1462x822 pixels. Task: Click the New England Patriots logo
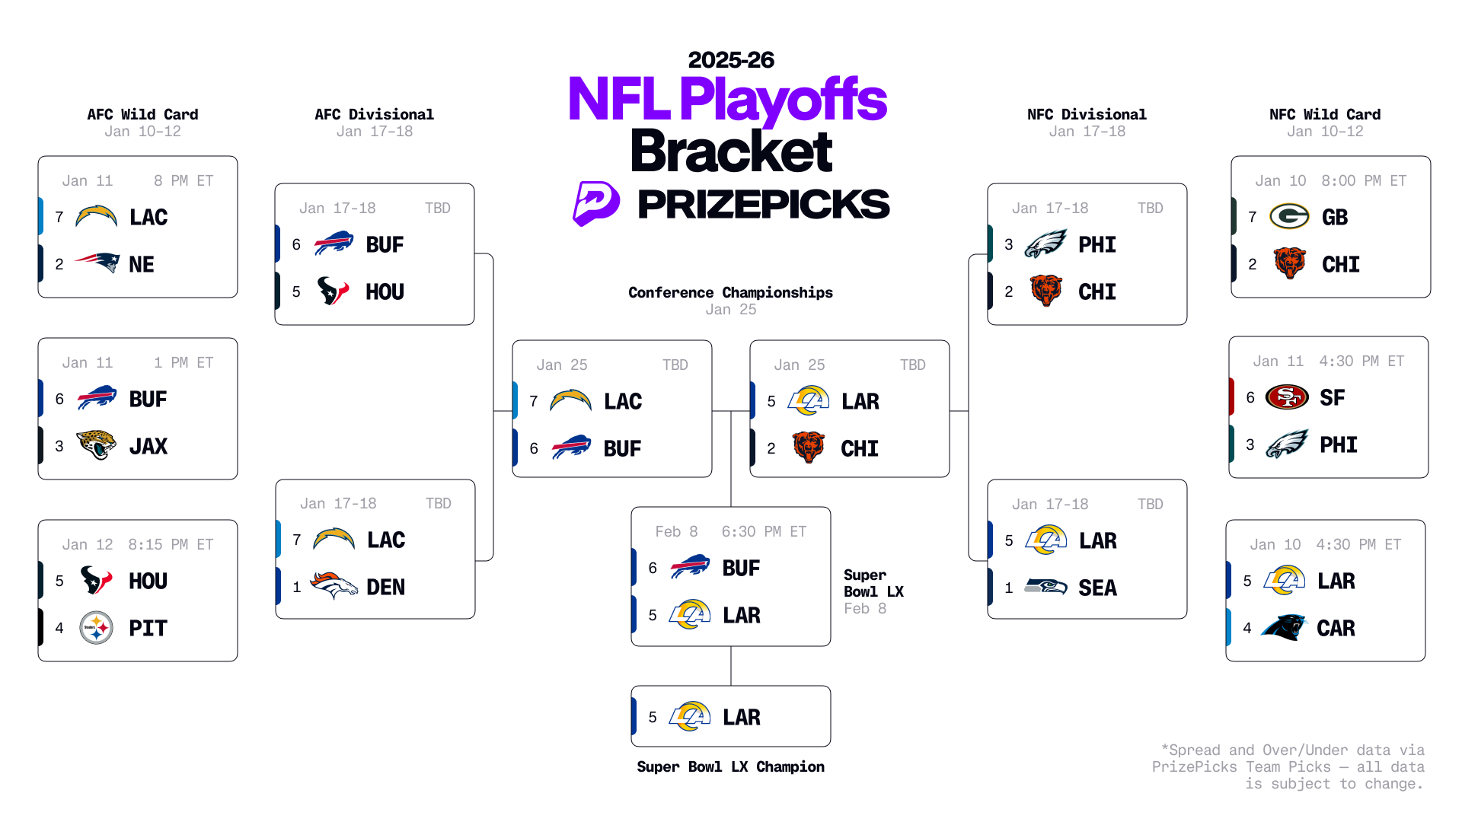[97, 263]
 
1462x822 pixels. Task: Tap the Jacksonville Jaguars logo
[97, 445]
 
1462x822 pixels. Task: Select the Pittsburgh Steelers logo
[97, 628]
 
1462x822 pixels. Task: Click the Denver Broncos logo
[334, 586]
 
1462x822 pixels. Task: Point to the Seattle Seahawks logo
[1045, 587]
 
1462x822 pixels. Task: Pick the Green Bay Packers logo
[1289, 217]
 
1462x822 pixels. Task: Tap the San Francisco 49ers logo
[1287, 397]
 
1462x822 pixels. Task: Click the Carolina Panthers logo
[1284, 628]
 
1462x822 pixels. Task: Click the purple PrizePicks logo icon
[595, 203]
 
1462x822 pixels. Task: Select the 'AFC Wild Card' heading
[142, 114]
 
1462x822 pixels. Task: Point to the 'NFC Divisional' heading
[1087, 114]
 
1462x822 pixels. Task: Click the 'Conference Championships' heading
[730, 292]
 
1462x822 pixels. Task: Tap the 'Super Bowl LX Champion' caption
[730, 766]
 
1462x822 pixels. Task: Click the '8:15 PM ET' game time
[171, 544]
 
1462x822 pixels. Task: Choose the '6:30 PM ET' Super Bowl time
[764, 531]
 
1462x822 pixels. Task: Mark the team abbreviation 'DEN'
[385, 587]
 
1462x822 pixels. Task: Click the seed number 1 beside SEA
[1009, 588]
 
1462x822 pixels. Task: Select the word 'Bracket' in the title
[731, 151]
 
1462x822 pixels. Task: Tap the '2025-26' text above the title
[731, 60]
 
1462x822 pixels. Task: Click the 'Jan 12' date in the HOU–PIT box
[88, 544]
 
